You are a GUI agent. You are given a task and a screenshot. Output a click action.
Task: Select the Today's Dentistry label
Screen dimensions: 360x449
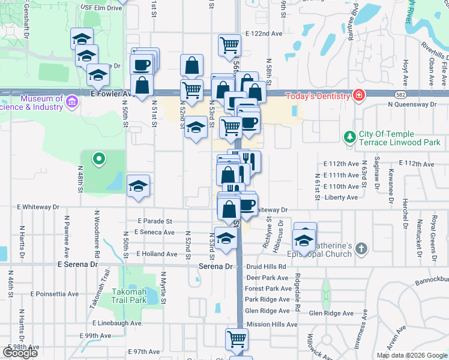coord(317,96)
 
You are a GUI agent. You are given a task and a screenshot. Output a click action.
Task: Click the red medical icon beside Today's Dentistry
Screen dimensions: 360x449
coord(358,95)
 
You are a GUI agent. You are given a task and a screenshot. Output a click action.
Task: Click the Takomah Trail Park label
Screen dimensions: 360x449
coord(129,296)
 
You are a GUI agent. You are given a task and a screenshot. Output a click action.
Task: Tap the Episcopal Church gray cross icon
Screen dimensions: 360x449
coord(361,248)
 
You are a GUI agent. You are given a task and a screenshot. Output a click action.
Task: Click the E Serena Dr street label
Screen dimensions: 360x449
coord(77,264)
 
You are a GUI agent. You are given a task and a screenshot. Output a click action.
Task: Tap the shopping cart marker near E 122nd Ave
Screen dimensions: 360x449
coord(229,45)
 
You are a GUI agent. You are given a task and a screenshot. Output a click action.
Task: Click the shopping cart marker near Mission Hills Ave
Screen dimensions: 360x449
coord(237,338)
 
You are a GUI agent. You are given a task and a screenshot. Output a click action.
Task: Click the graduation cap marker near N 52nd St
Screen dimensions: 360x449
coord(195,127)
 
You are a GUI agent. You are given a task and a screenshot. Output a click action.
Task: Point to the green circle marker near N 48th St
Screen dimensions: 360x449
coord(100,159)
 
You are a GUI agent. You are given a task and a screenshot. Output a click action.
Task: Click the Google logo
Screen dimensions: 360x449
coord(20,352)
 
